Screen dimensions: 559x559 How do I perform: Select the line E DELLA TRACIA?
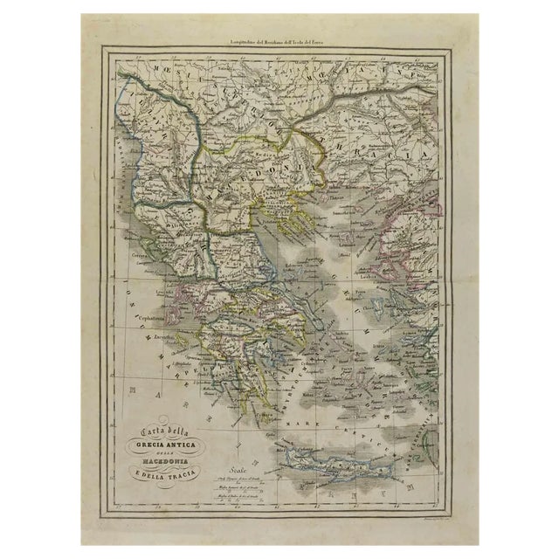tap(169, 475)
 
